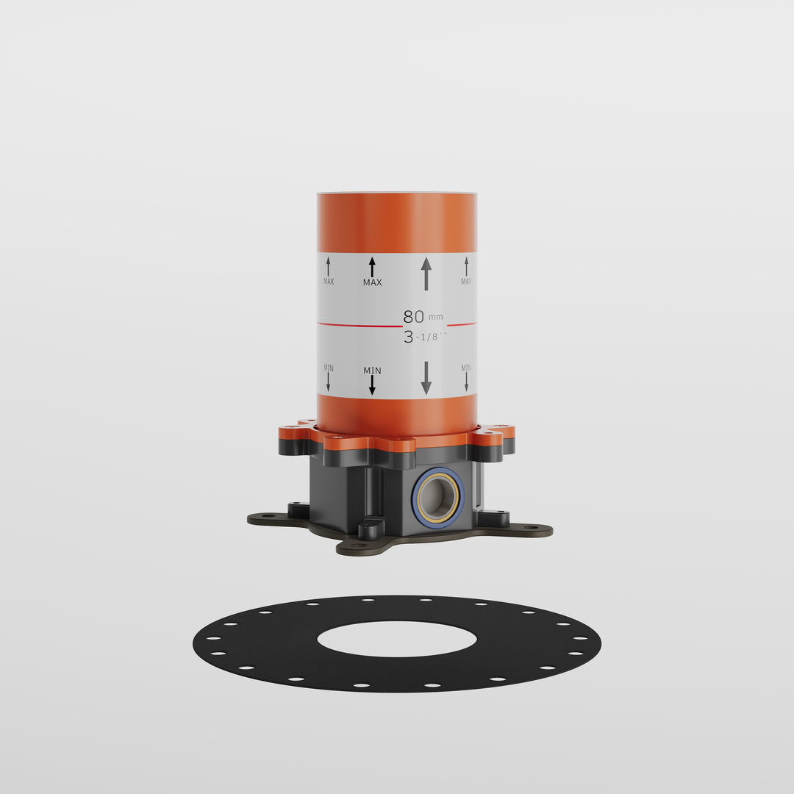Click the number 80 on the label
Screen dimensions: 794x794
413,316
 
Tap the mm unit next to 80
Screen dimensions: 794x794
436,318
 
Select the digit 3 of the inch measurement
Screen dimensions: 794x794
409,337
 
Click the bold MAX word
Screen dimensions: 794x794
372,282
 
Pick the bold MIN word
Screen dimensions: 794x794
372,371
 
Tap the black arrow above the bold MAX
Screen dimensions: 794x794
372,267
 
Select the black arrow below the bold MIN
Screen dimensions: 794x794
372,385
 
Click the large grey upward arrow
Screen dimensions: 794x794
426,273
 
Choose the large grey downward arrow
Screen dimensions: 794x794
426,378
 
